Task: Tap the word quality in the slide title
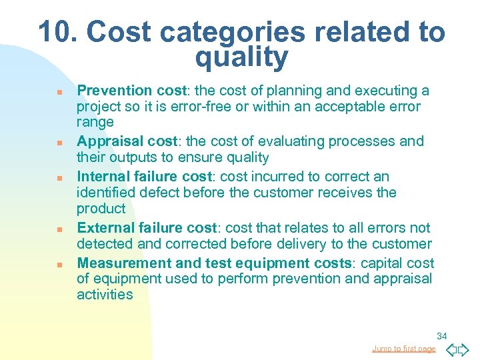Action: [x=241, y=58]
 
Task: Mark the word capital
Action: [x=389, y=263]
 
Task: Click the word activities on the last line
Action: [x=105, y=295]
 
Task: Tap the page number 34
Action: [x=441, y=336]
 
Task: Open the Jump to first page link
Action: [x=404, y=349]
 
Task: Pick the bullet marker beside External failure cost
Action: [x=59, y=229]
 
